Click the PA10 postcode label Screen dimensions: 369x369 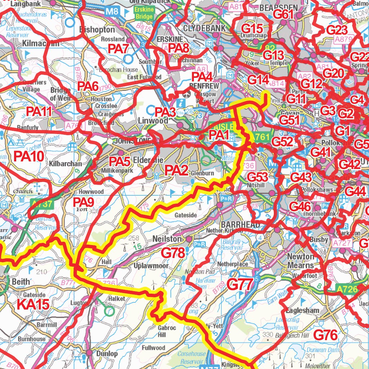[x=29, y=156]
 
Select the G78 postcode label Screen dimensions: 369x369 [x=173, y=253]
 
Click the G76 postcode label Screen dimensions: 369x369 [x=325, y=335]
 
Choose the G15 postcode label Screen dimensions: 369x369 [x=252, y=28]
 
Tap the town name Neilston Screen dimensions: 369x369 [x=167, y=239]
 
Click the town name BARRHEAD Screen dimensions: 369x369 [x=240, y=225]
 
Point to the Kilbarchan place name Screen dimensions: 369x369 [x=65, y=164]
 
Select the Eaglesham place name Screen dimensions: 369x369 [x=302, y=310]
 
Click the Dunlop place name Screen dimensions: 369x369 [x=107, y=354]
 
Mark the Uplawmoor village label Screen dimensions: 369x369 [x=151, y=266]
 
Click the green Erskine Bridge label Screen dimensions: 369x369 [x=144, y=13]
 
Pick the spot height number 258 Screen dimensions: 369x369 [x=134, y=238]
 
